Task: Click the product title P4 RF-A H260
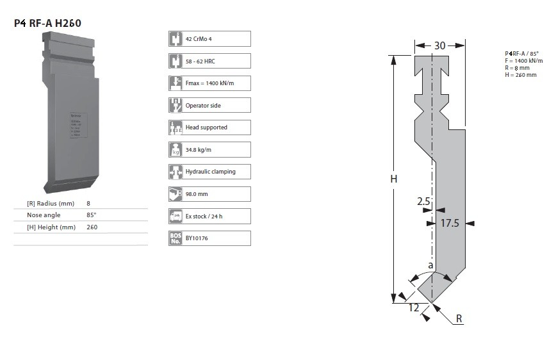tap(48, 24)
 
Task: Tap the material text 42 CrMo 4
tap(199, 39)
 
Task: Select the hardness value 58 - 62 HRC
tap(200, 61)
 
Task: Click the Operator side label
tap(203, 105)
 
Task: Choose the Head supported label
tap(206, 127)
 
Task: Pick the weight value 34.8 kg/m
tap(199, 150)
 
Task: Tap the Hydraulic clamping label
tap(210, 172)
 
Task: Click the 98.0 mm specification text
tap(196, 194)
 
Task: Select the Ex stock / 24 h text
tap(204, 217)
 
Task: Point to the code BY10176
tap(197, 238)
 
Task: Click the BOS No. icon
tap(176, 238)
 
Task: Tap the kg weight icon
tap(176, 150)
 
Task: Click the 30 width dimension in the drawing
tap(439, 45)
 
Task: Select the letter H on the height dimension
tap(394, 179)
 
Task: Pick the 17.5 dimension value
tap(451, 224)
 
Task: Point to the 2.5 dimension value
tap(423, 201)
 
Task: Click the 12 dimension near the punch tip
tap(414, 307)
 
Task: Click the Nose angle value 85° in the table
tap(92, 215)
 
